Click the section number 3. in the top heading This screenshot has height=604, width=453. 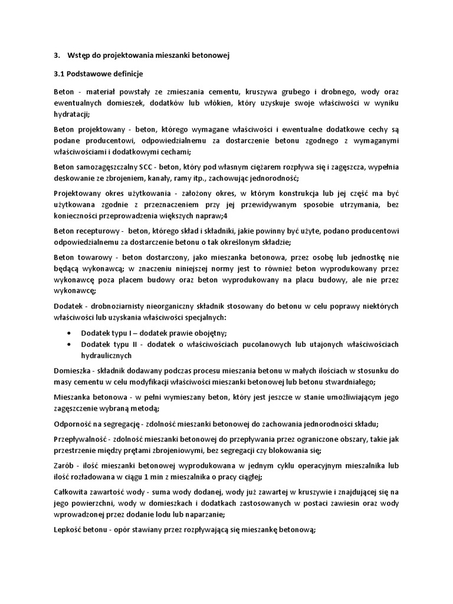[57, 55]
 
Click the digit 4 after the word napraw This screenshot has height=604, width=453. [221, 216]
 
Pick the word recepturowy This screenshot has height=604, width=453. [96, 230]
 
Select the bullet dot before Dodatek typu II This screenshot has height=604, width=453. [71, 344]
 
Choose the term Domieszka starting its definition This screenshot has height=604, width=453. [71, 370]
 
